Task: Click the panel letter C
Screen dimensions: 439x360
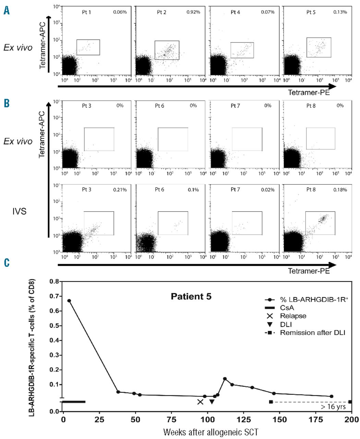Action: [7, 263]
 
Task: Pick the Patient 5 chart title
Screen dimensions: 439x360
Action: [191, 296]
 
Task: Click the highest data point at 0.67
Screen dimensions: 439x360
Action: [69, 301]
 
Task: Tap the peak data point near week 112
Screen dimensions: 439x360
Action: [225, 379]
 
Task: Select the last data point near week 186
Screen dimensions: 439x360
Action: [332, 396]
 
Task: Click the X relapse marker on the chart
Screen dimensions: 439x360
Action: [200, 402]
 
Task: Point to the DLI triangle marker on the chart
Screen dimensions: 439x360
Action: [212, 402]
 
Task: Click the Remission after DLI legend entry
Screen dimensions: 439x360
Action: [312, 333]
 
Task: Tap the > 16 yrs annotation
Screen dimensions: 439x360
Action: [333, 407]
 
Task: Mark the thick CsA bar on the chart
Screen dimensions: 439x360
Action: [74, 402]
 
